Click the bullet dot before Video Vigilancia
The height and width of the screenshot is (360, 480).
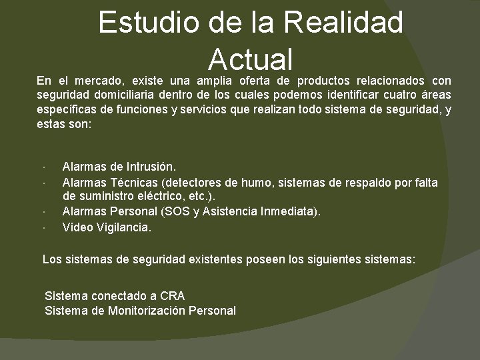tap(42, 227)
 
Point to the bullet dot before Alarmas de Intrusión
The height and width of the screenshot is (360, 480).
tap(42, 167)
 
